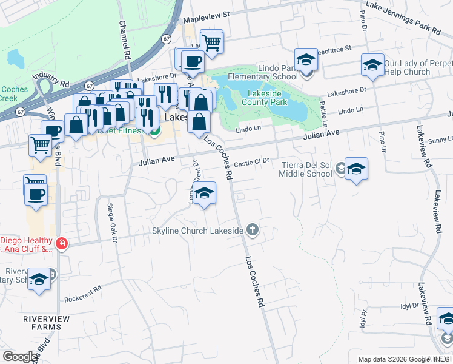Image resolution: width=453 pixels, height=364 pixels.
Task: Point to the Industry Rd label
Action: [51, 76]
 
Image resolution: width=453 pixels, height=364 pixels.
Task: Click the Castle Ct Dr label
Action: [251, 163]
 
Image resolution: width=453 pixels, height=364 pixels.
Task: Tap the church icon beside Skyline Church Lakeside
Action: [253, 230]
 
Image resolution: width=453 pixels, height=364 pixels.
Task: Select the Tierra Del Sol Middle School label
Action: [305, 169]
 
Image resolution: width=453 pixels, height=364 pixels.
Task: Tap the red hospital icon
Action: [61, 244]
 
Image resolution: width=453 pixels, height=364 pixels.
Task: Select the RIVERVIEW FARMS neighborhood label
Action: [34, 322]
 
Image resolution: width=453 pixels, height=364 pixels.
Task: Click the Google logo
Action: [19, 357]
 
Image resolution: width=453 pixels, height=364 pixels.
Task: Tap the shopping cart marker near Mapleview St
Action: [211, 42]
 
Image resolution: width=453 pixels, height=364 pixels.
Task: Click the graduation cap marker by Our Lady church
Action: [372, 64]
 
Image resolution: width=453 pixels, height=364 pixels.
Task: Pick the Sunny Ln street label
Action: [440, 140]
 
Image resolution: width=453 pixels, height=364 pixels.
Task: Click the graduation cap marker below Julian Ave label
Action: [205, 193]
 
